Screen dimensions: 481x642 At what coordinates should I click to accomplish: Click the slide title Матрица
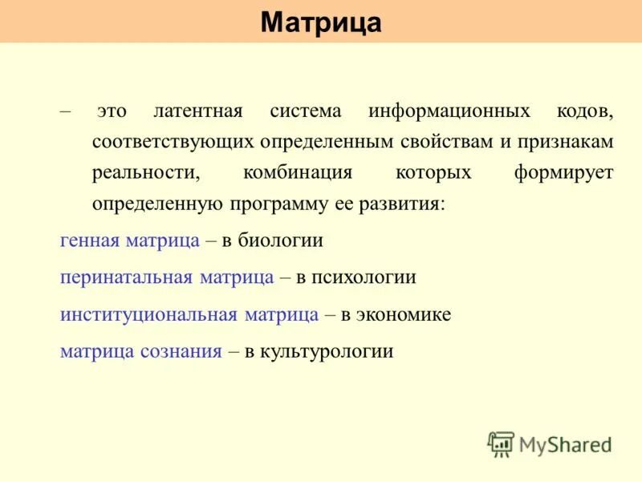coord(321,22)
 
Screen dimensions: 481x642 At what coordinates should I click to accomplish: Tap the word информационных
coord(449,111)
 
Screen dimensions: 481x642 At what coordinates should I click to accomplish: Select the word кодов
coord(585,111)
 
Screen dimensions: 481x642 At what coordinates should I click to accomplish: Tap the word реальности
coord(145,173)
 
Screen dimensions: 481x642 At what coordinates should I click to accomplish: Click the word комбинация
coord(297,173)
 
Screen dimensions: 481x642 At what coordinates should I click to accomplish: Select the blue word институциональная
coord(148,314)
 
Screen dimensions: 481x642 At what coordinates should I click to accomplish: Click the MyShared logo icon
coord(501,443)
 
